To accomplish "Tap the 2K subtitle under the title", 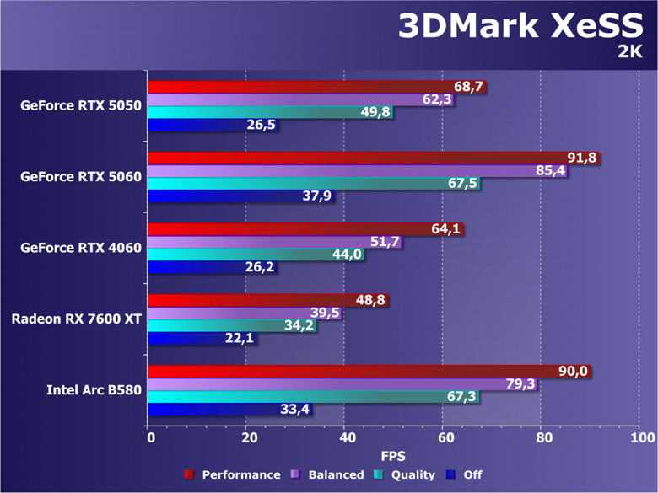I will [x=629, y=52].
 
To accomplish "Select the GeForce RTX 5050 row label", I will [x=81, y=106].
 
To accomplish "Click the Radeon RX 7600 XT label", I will [x=76, y=319].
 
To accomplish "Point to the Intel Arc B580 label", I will [x=94, y=390].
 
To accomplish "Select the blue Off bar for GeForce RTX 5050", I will [x=211, y=125].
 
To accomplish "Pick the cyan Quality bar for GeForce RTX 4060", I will [x=253, y=255].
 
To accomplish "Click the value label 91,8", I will [x=582, y=158].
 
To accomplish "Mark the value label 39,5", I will [x=325, y=313].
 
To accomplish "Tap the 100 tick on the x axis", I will [x=640, y=437].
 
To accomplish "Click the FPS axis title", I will [x=394, y=456].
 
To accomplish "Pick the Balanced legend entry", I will [x=334, y=475].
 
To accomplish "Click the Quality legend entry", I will [x=412, y=475].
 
